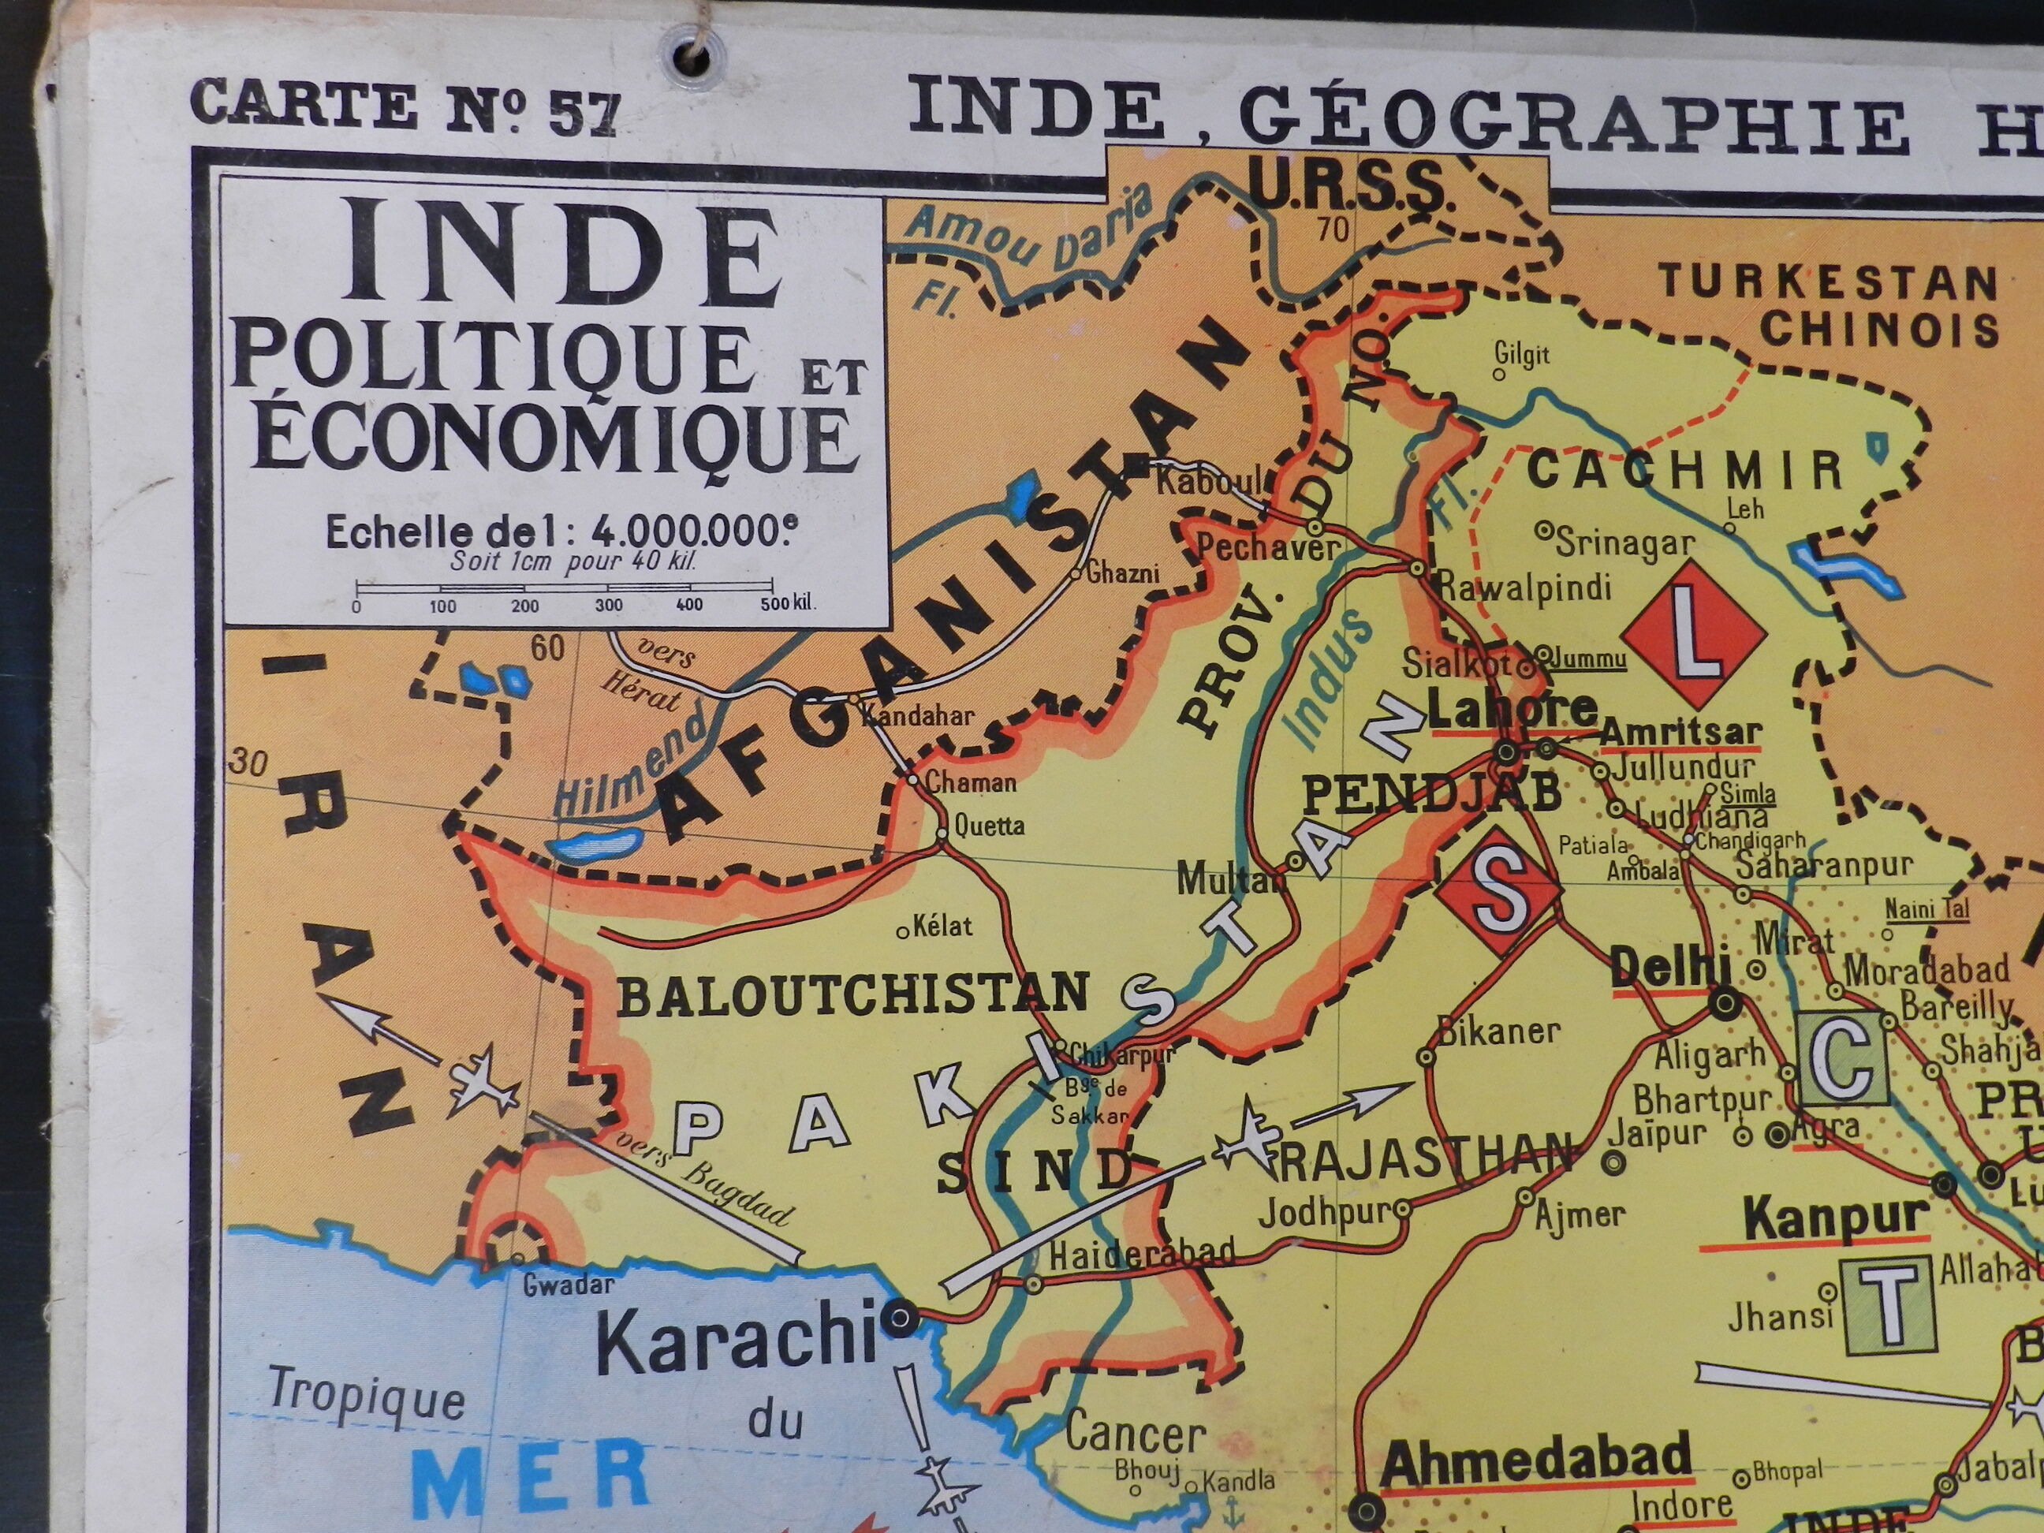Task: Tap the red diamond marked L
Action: coord(1694,635)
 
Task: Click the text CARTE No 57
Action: coord(403,107)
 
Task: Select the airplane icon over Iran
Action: coord(479,1082)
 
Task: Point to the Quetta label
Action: coord(989,824)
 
